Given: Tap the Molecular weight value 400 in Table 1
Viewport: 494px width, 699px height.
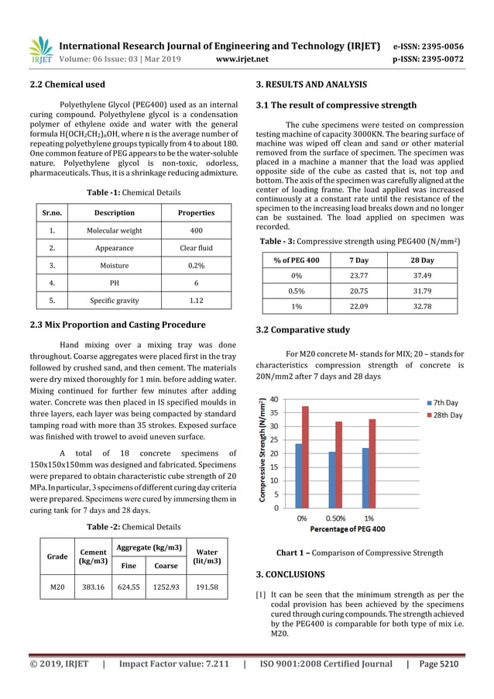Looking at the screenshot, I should point(196,230).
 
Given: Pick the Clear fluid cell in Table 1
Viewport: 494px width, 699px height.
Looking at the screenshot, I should point(196,248).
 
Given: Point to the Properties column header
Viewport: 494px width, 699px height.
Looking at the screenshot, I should point(196,212).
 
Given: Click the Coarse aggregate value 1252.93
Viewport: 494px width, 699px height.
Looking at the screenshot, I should point(166,587).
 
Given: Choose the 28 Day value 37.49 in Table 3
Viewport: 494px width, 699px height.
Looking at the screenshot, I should point(423,277).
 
